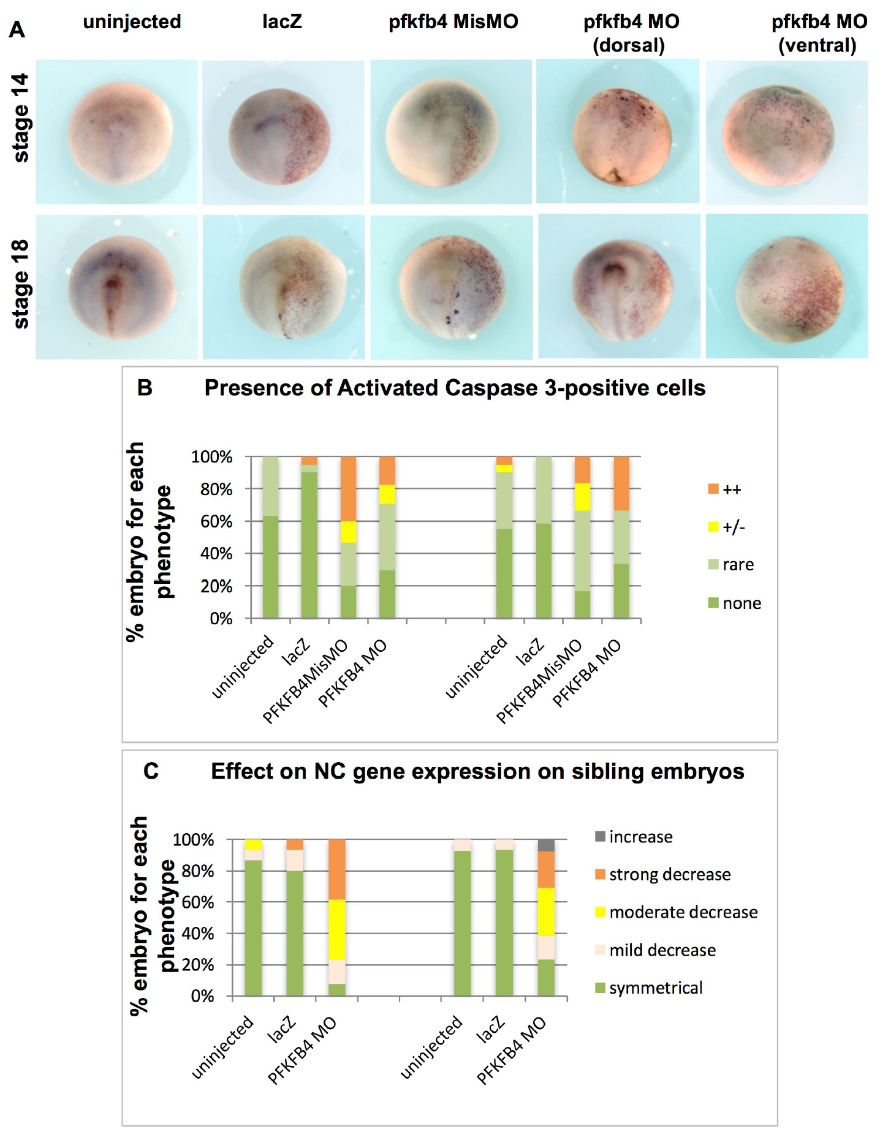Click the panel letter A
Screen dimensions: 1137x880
pyautogui.click(x=17, y=29)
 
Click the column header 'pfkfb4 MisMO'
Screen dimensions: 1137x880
pyautogui.click(x=453, y=22)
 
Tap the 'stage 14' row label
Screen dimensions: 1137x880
pyautogui.click(x=21, y=118)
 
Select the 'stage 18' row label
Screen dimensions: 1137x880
pyautogui.click(x=21, y=284)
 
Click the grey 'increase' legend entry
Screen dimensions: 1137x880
pyautogui.click(x=634, y=837)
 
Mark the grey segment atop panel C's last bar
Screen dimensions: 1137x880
pyautogui.click(x=546, y=845)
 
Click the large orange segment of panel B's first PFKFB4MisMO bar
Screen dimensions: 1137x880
pyautogui.click(x=348, y=488)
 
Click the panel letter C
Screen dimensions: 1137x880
pyautogui.click(x=151, y=771)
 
